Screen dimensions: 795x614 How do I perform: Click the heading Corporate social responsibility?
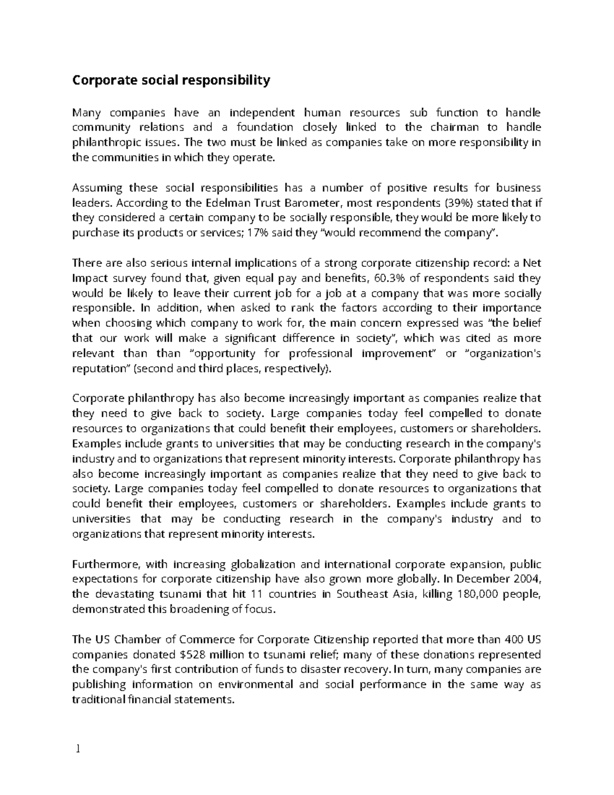point(171,80)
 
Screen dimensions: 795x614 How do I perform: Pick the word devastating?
point(121,594)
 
